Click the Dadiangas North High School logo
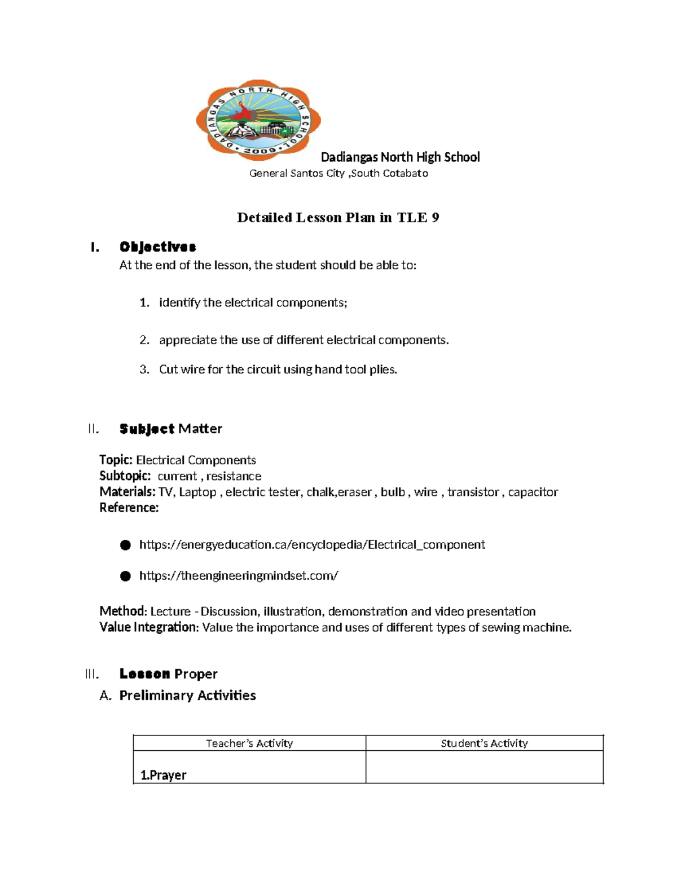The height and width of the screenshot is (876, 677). pyautogui.click(x=258, y=120)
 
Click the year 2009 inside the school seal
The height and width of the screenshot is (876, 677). pyautogui.click(x=260, y=151)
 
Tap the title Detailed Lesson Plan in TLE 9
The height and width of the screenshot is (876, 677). pyautogui.click(x=338, y=218)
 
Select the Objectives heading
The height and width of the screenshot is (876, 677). pyautogui.click(x=157, y=247)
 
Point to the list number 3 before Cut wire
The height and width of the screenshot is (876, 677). pyautogui.click(x=144, y=369)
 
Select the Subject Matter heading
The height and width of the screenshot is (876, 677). pyautogui.click(x=170, y=429)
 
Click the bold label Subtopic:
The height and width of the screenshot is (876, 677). pyautogui.click(x=125, y=476)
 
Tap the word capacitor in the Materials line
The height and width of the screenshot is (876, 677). pyautogui.click(x=533, y=492)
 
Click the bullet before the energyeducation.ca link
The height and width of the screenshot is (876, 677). pyautogui.click(x=125, y=545)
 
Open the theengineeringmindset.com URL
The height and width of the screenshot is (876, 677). pyautogui.click(x=239, y=576)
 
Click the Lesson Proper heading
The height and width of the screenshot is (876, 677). pyautogui.click(x=168, y=674)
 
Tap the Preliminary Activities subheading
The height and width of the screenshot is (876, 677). pyautogui.click(x=187, y=695)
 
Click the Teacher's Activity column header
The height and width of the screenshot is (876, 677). pyautogui.click(x=249, y=743)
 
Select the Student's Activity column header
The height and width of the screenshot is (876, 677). pyautogui.click(x=484, y=743)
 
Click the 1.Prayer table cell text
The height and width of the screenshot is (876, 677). pyautogui.click(x=163, y=775)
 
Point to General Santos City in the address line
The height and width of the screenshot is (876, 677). pyautogui.click(x=297, y=174)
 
